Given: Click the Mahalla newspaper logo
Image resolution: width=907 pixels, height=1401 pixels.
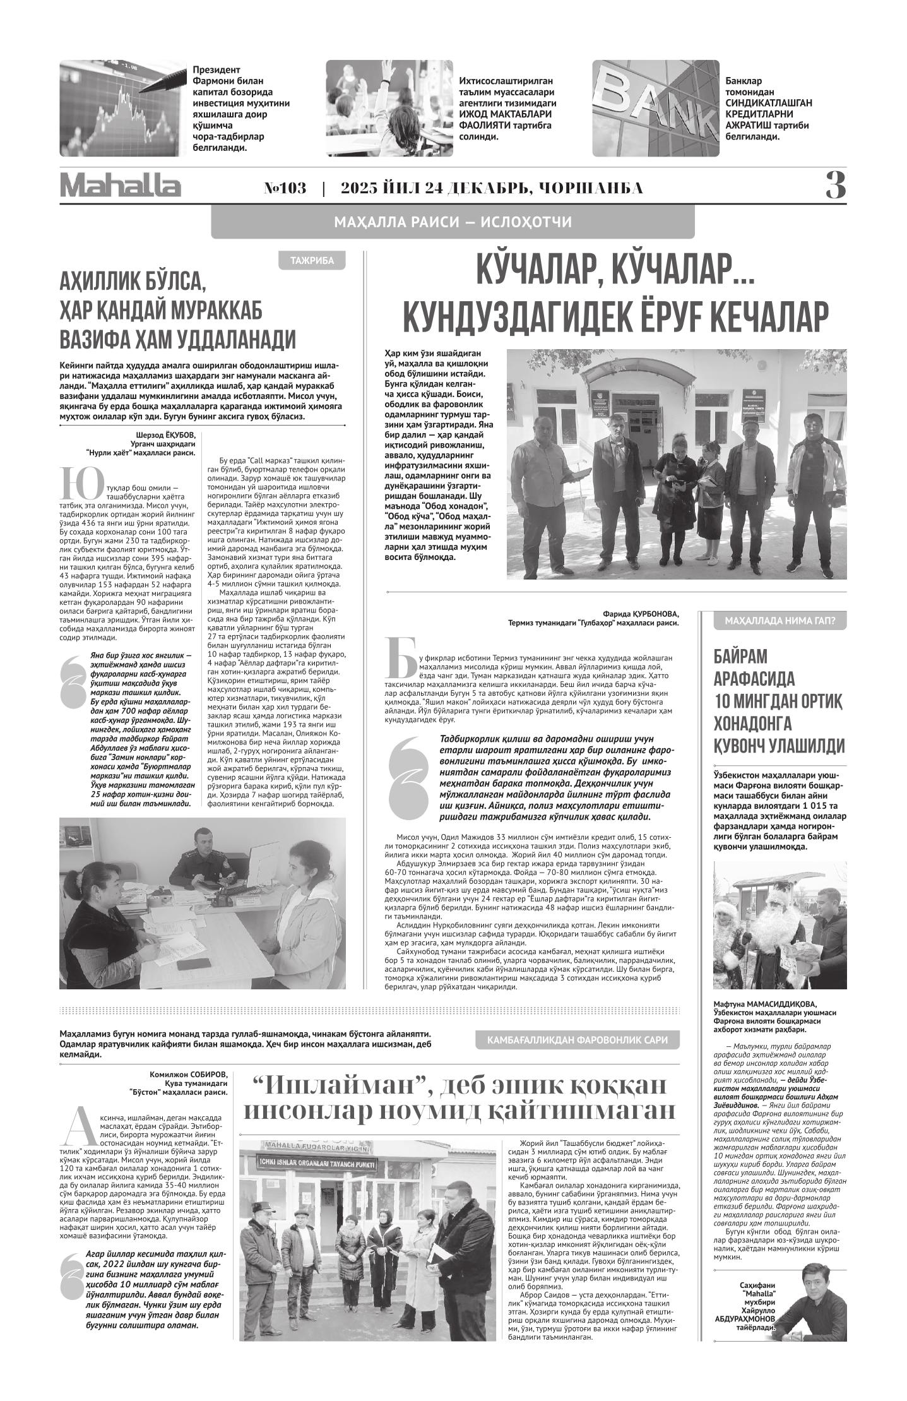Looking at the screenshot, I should tap(121, 187).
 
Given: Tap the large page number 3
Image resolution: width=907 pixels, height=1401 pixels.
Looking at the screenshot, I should tap(836, 186).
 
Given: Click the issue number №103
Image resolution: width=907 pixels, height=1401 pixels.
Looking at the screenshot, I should tap(285, 188).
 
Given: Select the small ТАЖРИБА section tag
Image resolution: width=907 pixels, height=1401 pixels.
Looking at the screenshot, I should tap(312, 261).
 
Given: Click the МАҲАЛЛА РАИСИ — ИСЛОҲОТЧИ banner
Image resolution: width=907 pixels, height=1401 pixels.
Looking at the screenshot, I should tap(453, 222).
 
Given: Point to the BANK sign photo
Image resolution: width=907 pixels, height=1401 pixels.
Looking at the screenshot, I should tap(655, 108).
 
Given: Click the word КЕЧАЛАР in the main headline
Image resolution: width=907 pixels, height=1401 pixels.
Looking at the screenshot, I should tap(755, 316).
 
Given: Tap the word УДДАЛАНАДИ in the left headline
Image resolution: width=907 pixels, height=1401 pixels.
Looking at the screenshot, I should tap(237, 339).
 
